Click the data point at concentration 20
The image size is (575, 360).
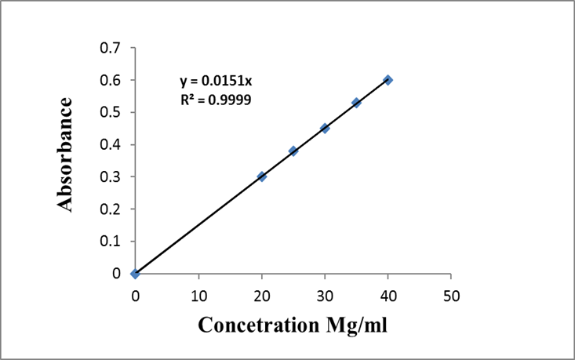262,176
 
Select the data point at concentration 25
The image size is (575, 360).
293,151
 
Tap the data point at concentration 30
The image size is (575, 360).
325,128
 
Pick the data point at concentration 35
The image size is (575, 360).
356,103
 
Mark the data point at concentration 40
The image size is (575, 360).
388,80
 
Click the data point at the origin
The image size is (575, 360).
136,273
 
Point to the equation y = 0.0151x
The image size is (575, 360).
216,82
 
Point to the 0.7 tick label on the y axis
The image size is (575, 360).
111,49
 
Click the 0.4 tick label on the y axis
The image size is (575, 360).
111,145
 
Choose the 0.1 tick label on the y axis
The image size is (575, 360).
111,242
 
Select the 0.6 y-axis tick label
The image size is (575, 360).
111,81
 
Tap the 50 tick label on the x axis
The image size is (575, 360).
451,296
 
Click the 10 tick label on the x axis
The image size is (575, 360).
198,296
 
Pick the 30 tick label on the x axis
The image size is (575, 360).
325,296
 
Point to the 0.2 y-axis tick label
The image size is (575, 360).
111,209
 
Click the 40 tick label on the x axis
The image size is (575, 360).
388,296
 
